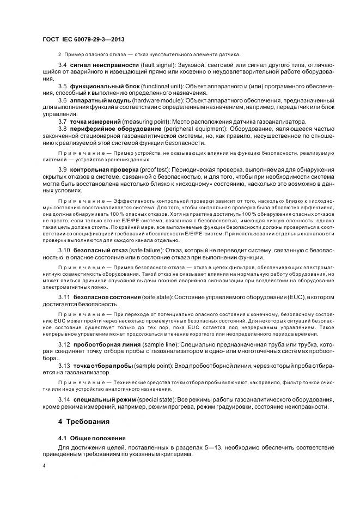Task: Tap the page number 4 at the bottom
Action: (44, 466)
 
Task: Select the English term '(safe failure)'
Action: (143, 248)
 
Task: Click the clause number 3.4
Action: (63, 65)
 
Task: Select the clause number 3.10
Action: (64, 248)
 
